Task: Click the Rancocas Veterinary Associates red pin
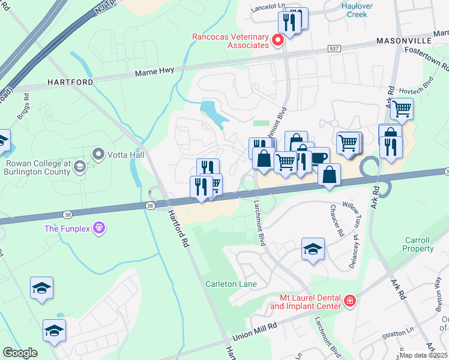(277, 40)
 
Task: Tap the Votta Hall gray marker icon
(98, 155)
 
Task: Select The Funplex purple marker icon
(99, 228)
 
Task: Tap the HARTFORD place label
(71, 82)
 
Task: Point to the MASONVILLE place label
(403, 40)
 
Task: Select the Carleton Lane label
(231, 284)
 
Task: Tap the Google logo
(20, 353)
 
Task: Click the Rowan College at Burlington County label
(47, 167)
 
